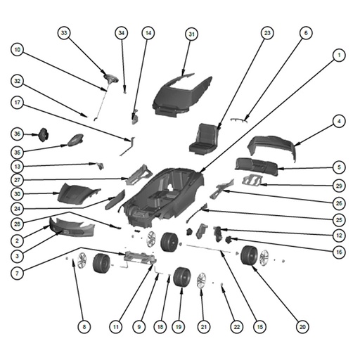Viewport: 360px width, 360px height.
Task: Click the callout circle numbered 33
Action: (64, 33)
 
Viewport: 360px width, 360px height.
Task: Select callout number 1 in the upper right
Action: (339, 56)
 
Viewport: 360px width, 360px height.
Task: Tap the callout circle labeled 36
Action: (18, 134)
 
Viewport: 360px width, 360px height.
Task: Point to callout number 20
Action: (302, 327)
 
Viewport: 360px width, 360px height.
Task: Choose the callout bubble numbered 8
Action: (84, 327)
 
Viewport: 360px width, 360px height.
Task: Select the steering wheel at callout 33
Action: (111, 78)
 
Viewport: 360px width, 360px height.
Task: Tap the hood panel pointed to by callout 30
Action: (78, 194)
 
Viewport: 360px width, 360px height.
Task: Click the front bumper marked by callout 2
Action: (72, 227)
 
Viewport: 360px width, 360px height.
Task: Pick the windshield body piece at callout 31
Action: (182, 96)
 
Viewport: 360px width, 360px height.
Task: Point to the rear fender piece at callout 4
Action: (272, 147)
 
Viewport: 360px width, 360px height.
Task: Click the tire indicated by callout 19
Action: (182, 277)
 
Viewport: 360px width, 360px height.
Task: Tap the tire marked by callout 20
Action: (249, 255)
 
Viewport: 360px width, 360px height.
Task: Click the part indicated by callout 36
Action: (44, 135)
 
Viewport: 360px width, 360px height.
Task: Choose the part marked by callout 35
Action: (75, 140)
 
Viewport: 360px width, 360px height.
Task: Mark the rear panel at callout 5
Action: (257, 167)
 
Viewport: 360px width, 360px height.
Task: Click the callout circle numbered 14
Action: (148, 33)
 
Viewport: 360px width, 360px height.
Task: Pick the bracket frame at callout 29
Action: (252, 180)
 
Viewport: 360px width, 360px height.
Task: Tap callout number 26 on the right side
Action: (339, 203)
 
